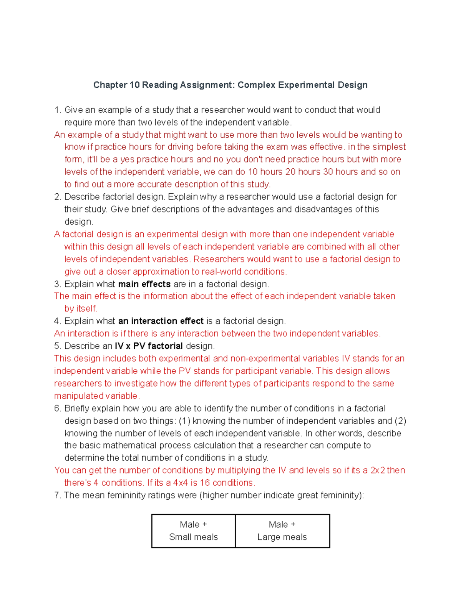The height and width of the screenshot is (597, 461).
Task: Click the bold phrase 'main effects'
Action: (144, 284)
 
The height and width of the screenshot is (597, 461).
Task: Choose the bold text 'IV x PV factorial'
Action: (149, 346)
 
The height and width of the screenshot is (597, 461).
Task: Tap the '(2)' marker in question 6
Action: (400, 421)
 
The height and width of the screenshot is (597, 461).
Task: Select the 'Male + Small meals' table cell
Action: (194, 531)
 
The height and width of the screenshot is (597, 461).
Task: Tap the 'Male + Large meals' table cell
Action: (282, 531)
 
